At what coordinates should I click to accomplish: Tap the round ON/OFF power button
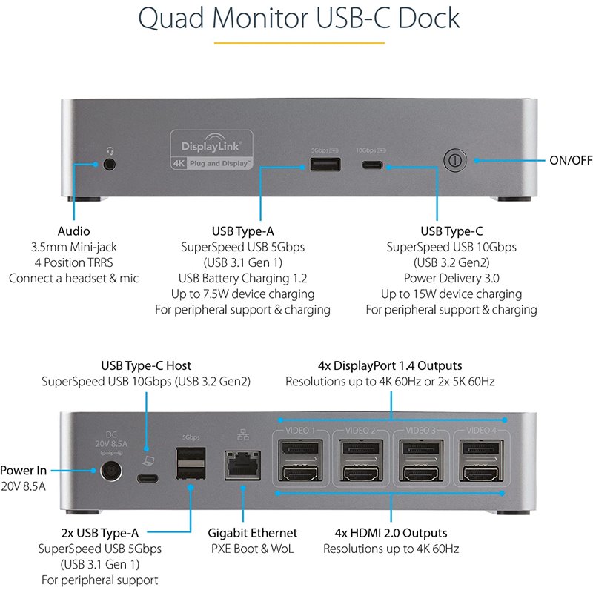click(454, 160)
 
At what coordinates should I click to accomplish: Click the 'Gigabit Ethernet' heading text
click(252, 532)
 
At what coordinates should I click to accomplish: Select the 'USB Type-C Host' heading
click(146, 365)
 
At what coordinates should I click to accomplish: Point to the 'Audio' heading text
click(74, 231)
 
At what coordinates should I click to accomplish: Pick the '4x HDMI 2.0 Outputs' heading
click(391, 532)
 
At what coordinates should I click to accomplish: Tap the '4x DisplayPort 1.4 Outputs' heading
click(390, 365)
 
